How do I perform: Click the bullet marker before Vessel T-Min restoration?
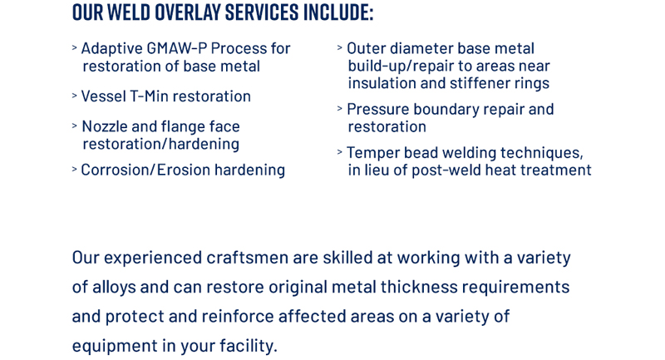[74, 96]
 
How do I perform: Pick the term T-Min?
[150, 96]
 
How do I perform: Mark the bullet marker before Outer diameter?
[339, 48]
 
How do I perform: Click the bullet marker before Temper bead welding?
[339, 152]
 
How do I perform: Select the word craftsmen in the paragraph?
[248, 257]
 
